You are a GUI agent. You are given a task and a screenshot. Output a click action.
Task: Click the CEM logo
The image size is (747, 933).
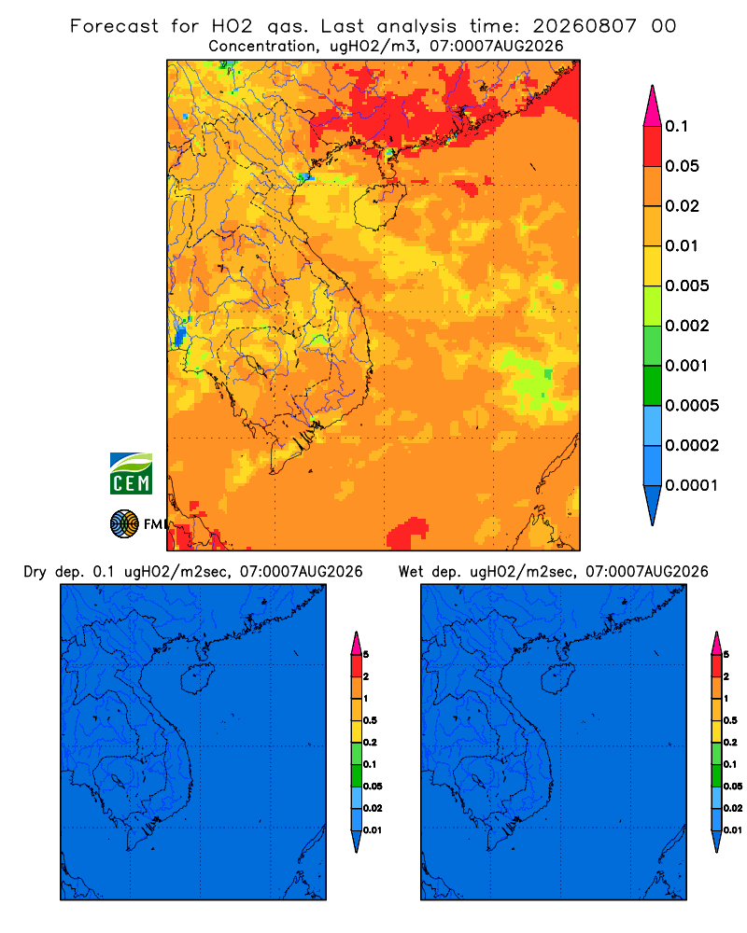pyautogui.click(x=131, y=474)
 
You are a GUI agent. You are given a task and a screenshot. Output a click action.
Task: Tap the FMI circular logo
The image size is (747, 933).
pyautogui.click(x=124, y=523)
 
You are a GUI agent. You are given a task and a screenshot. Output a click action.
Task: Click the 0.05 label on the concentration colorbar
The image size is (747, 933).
pyautogui.click(x=682, y=166)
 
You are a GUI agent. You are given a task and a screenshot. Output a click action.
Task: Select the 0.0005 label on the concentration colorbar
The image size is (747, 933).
pyautogui.click(x=692, y=406)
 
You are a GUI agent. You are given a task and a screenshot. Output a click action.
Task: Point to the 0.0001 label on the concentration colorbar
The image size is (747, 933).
pyautogui.click(x=692, y=485)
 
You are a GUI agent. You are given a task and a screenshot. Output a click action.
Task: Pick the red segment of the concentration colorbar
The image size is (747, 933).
pyautogui.click(x=653, y=146)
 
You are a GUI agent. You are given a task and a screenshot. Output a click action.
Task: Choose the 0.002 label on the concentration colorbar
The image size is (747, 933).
pyautogui.click(x=687, y=326)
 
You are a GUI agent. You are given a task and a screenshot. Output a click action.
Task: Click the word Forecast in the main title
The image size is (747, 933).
pyautogui.click(x=114, y=26)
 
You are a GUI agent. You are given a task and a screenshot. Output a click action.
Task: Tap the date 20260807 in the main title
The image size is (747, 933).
pyautogui.click(x=585, y=26)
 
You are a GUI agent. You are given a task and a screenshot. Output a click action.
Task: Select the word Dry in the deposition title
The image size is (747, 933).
pyautogui.click(x=35, y=572)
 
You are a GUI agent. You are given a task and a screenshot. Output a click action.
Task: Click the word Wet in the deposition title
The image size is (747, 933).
pyautogui.click(x=410, y=572)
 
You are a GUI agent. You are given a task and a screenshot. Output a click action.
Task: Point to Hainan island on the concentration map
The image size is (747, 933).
pyautogui.click(x=379, y=205)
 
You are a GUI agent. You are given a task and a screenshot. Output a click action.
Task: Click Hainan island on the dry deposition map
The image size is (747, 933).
pyautogui.click(x=198, y=678)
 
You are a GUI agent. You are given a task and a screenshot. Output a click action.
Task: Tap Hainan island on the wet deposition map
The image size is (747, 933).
pyautogui.click(x=558, y=678)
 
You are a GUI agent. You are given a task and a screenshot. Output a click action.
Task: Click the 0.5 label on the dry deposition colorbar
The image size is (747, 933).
pyautogui.click(x=370, y=720)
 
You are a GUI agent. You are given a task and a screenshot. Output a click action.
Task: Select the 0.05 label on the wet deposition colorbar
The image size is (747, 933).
pyautogui.click(x=733, y=787)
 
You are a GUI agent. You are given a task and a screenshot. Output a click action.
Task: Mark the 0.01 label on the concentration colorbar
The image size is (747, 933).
pyautogui.click(x=682, y=245)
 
